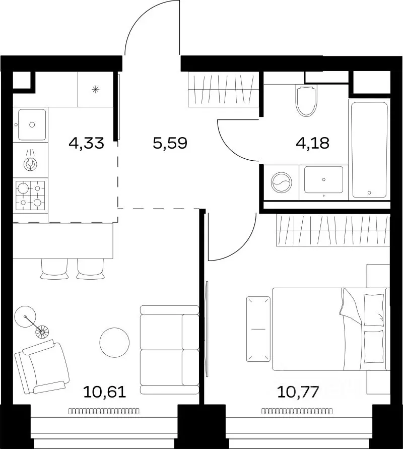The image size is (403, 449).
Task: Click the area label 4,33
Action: tap(86, 143)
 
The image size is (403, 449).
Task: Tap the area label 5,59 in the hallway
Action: tap(170, 143)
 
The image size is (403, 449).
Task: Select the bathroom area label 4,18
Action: tap(312, 143)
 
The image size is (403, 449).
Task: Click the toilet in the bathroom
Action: tap(307, 100)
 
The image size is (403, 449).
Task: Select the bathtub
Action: tap(369, 150)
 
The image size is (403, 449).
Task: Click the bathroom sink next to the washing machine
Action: tap(323, 180)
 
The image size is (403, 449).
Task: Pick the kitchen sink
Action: tap(32, 124)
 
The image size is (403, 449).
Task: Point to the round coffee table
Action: tap(114, 343)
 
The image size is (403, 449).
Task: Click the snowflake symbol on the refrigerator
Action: tap(95, 90)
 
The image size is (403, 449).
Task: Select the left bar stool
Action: tap(54, 269)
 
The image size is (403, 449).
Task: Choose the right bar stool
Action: tap(90, 269)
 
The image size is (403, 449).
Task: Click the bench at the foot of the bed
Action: tap(258, 329)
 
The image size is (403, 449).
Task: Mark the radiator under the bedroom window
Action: tap(297, 411)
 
